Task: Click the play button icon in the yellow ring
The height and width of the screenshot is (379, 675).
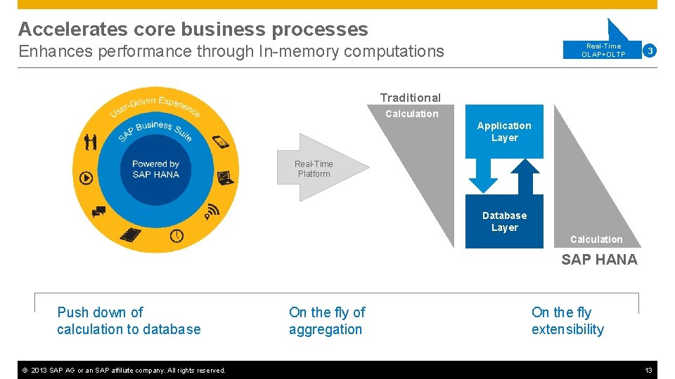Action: click(86, 178)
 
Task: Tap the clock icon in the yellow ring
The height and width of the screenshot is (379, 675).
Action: click(176, 236)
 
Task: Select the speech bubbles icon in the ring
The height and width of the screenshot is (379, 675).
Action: click(98, 211)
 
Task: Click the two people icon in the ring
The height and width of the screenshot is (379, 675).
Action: click(90, 142)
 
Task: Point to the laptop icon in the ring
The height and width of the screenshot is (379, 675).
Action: click(224, 178)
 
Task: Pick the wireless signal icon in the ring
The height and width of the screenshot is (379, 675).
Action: click(212, 211)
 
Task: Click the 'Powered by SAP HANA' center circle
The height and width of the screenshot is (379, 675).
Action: click(155, 169)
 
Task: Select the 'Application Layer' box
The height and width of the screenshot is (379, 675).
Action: click(504, 131)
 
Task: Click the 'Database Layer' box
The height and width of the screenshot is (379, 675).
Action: click(504, 221)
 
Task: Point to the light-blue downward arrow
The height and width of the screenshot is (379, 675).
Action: click(483, 175)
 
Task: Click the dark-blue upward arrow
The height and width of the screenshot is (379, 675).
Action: click(526, 175)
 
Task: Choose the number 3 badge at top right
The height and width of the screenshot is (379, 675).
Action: click(650, 51)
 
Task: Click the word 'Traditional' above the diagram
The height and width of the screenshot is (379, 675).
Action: click(411, 98)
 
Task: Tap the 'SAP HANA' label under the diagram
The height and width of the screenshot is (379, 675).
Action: click(599, 260)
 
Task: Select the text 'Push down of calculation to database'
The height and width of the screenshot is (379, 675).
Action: click(129, 321)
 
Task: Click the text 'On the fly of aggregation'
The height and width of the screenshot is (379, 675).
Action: click(327, 321)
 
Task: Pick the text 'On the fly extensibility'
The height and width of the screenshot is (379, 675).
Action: click(567, 321)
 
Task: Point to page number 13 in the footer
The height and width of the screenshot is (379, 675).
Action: click(648, 370)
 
